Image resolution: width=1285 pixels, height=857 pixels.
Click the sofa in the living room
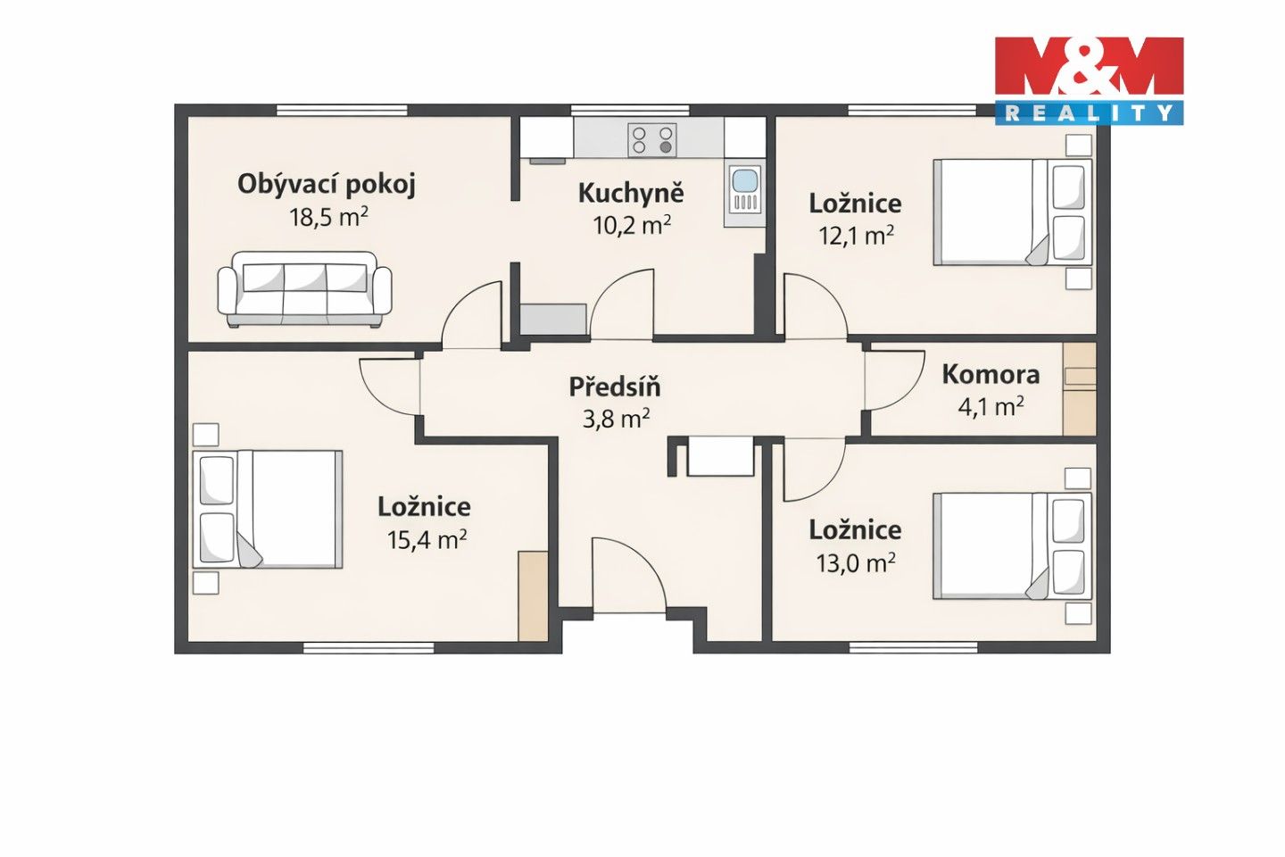point(304,289)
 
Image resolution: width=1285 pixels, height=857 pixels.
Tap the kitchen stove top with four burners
point(652,140)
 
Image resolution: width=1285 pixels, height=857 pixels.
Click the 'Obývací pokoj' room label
point(327,185)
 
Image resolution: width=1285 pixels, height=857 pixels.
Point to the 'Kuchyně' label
point(631,194)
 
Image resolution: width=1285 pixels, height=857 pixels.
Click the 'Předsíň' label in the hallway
point(615,386)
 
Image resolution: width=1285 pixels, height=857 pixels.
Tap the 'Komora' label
point(991,374)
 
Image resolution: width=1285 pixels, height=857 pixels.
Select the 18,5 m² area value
point(328,217)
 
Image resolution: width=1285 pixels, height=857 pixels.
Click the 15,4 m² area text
point(427,539)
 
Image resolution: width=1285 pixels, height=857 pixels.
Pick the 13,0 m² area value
point(855,562)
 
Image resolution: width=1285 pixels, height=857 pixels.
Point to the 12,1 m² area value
point(855,235)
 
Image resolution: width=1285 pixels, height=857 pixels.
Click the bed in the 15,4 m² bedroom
point(268,510)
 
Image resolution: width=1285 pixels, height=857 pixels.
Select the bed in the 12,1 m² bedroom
point(1013,212)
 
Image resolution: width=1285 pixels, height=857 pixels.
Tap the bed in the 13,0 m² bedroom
point(1013,545)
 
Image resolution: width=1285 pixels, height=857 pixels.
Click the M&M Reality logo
point(1089,80)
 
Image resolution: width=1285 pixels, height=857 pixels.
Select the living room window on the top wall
point(342,110)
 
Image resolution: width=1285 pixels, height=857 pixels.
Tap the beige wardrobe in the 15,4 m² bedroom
point(533,595)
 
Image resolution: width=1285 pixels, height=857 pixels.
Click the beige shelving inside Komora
point(1079,389)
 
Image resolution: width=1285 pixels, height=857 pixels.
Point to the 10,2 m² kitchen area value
point(632,226)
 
